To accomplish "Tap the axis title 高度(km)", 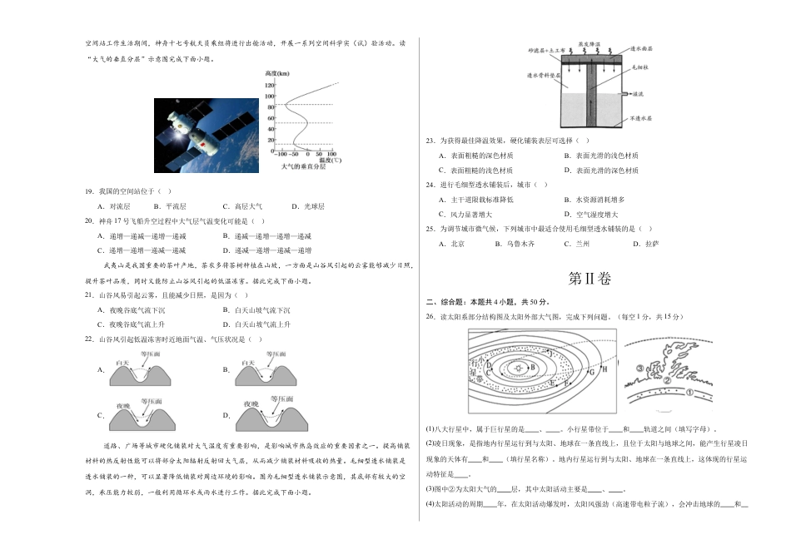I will [277, 74].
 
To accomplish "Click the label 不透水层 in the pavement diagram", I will [639, 119].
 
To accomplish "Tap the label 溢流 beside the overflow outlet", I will [637, 94].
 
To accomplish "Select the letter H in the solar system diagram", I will [604, 369].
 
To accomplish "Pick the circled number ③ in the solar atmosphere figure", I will [640, 368].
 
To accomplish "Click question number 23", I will [430, 141].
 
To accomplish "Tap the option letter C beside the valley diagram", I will [101, 414].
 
